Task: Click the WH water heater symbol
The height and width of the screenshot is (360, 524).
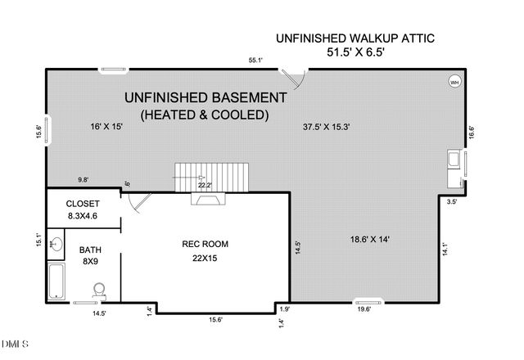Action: (x=454, y=81)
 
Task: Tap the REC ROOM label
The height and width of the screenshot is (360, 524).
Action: (x=205, y=244)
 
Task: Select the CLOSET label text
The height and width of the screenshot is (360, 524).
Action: (x=82, y=204)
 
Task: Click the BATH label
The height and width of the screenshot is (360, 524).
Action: (x=90, y=250)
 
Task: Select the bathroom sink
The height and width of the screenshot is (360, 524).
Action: (x=55, y=243)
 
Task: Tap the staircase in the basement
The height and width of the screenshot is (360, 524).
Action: (x=211, y=173)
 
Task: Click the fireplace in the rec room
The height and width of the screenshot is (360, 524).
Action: (x=205, y=197)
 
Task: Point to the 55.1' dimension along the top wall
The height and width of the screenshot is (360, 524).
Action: (x=256, y=60)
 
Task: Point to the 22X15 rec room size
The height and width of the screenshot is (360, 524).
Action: (x=205, y=259)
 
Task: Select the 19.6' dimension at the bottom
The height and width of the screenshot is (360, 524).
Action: (x=364, y=309)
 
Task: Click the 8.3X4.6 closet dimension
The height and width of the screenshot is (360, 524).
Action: (x=82, y=218)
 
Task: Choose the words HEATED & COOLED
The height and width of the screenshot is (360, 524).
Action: (x=205, y=115)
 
